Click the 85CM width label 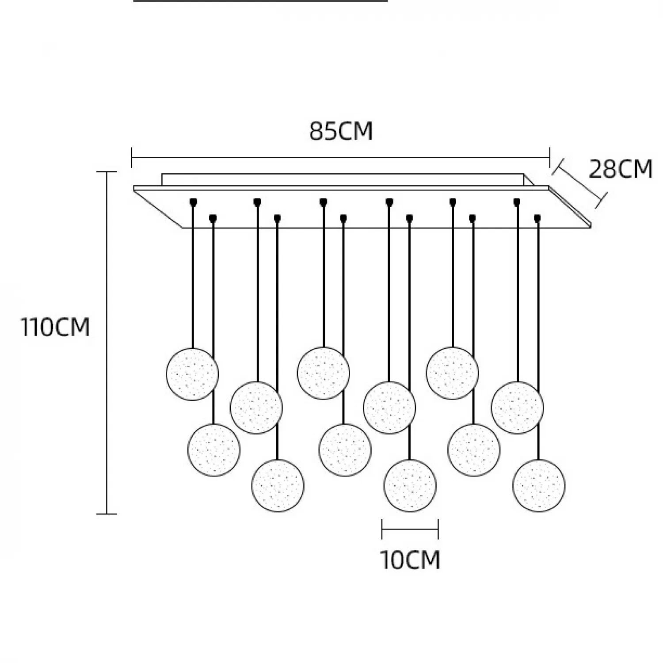[x=341, y=131]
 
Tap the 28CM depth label [x=621, y=169]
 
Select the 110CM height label [x=55, y=328]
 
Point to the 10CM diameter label [x=410, y=560]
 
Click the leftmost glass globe [x=192, y=374]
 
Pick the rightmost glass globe [x=539, y=485]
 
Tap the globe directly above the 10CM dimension [x=410, y=485]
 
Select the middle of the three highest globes [x=324, y=373]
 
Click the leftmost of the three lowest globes [x=278, y=485]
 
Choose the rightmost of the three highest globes [x=452, y=373]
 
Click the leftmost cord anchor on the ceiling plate [x=193, y=202]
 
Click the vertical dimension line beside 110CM [x=107, y=343]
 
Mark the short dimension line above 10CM [x=410, y=529]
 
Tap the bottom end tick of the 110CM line [x=107, y=514]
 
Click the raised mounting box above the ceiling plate [x=343, y=179]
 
